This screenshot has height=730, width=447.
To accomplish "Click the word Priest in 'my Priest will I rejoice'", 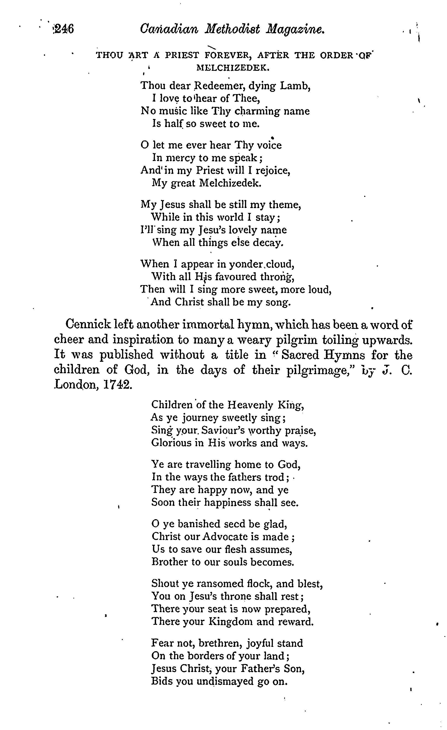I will coord(209,170).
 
